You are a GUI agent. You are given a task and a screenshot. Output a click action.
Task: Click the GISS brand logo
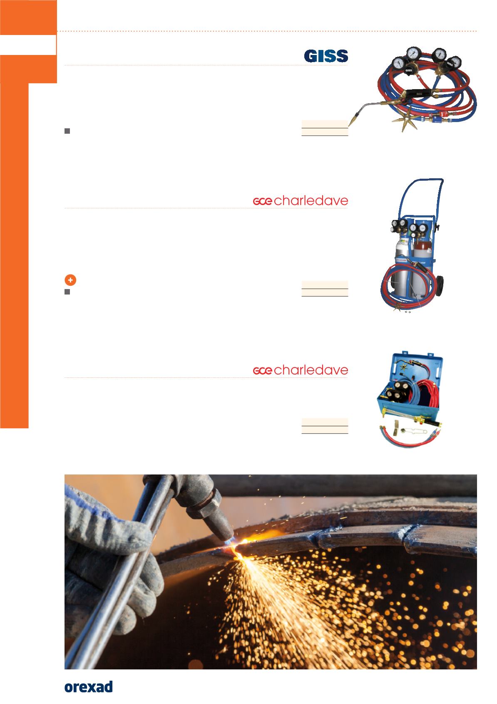(326, 56)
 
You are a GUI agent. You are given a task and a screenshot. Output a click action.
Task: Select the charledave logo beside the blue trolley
(301, 201)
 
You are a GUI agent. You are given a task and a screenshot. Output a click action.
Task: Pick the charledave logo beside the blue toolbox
(301, 370)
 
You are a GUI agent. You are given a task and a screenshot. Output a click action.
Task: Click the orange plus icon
(70, 280)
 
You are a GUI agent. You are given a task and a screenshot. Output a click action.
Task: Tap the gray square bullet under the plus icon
(67, 292)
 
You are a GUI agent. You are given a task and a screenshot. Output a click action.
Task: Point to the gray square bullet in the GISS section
(67, 131)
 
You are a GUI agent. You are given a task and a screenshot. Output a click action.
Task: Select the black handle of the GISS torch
(419, 93)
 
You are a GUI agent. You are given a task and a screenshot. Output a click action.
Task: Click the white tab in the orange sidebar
(28, 45)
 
